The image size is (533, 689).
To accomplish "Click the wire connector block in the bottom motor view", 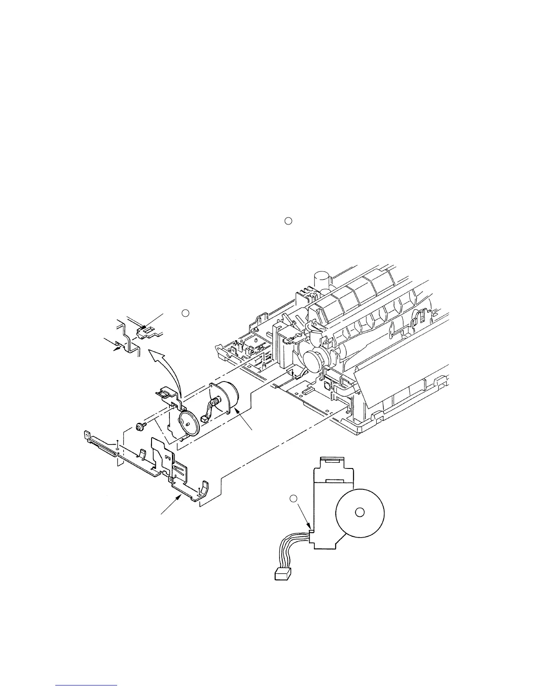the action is [x=283, y=575].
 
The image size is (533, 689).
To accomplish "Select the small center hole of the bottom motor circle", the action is [x=359, y=512].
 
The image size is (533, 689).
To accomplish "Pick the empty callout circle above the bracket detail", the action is [x=185, y=312].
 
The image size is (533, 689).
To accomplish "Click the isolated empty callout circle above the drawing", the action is [x=287, y=221].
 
